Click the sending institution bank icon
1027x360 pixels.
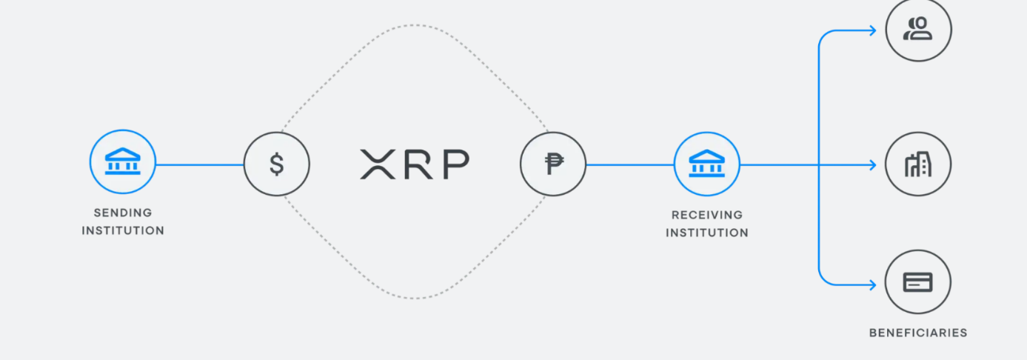pyautogui.click(x=123, y=162)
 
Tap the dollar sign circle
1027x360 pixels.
pyautogui.click(x=277, y=164)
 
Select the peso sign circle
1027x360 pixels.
pyautogui.click(x=553, y=164)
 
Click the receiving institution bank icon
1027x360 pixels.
pyautogui.click(x=706, y=164)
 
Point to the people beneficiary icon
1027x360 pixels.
pyautogui.click(x=918, y=30)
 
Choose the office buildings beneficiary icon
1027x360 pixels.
pyautogui.click(x=918, y=164)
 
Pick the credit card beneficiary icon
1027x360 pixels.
pyautogui.click(x=918, y=282)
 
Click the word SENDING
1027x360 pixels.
pyautogui.click(x=123, y=213)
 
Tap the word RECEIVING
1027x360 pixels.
pyautogui.click(x=706, y=215)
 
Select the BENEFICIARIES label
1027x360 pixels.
pyautogui.click(x=918, y=333)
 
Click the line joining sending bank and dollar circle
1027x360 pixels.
pyautogui.click(x=200, y=164)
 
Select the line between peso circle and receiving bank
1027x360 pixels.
pyautogui.click(x=629, y=164)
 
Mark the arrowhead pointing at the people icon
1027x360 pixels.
pyautogui.click(x=872, y=30)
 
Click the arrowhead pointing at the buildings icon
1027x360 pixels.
pyautogui.click(x=872, y=164)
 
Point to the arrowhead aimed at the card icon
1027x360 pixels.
pyautogui.click(x=872, y=284)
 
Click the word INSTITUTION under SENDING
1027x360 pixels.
pyautogui.click(x=123, y=230)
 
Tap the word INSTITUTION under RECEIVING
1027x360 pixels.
pyautogui.click(x=706, y=233)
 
